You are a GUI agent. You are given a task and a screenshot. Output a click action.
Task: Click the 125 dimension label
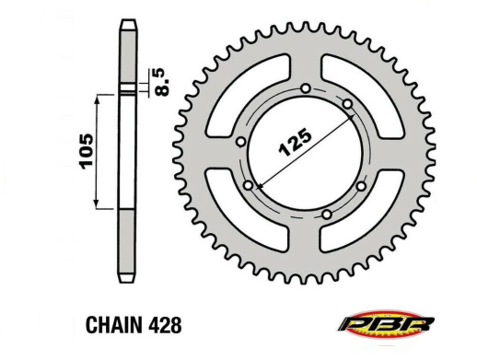coord(295,142)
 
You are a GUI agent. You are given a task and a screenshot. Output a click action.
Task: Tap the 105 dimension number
coord(86,151)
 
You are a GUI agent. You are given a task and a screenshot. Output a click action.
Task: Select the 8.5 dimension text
coord(161,82)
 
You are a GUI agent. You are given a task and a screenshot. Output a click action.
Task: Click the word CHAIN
coord(114,325)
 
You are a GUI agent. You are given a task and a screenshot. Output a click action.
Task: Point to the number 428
coord(165,325)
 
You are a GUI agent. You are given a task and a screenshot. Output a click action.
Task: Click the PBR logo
coord(386,324)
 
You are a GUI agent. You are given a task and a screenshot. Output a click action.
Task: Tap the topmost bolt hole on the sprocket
coord(306,88)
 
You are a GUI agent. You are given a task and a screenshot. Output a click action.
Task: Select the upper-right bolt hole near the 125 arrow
coord(347,104)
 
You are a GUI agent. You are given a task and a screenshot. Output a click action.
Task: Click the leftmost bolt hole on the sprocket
coord(241,142)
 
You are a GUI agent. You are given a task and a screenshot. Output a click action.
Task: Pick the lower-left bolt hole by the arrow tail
coord(249,185)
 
